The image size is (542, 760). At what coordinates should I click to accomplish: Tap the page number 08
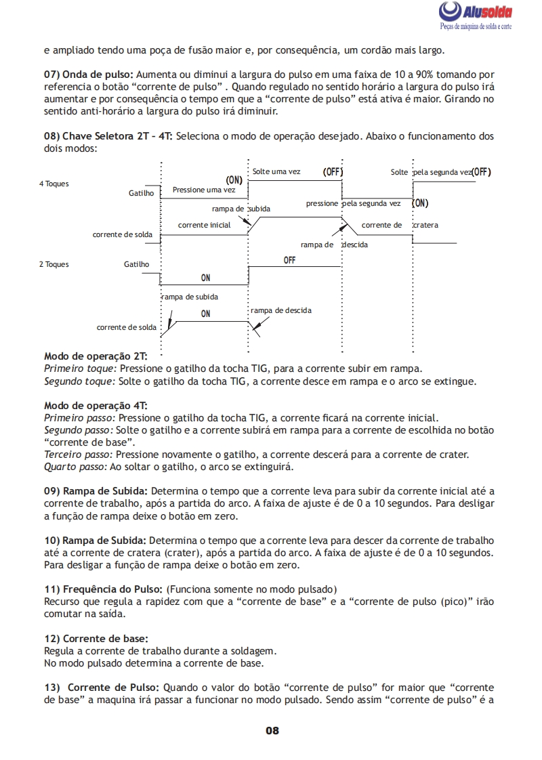click(x=272, y=730)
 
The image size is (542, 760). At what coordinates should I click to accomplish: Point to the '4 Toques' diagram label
click(x=54, y=184)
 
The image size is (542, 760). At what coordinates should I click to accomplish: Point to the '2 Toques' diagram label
click(x=54, y=264)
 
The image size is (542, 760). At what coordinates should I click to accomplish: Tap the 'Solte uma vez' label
click(x=276, y=171)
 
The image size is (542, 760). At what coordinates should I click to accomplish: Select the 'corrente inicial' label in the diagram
click(x=204, y=224)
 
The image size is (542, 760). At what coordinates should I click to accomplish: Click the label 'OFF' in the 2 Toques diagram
click(x=289, y=260)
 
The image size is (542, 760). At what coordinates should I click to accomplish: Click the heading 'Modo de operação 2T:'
click(x=96, y=356)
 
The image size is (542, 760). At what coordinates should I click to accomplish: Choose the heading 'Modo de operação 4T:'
click(x=96, y=405)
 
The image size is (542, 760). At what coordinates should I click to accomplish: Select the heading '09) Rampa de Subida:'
click(x=95, y=490)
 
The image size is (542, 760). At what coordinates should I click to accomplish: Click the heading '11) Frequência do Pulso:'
click(x=103, y=589)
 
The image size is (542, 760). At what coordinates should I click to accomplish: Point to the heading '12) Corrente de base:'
click(x=96, y=638)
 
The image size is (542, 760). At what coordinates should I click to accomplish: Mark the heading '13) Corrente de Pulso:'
click(x=102, y=687)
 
